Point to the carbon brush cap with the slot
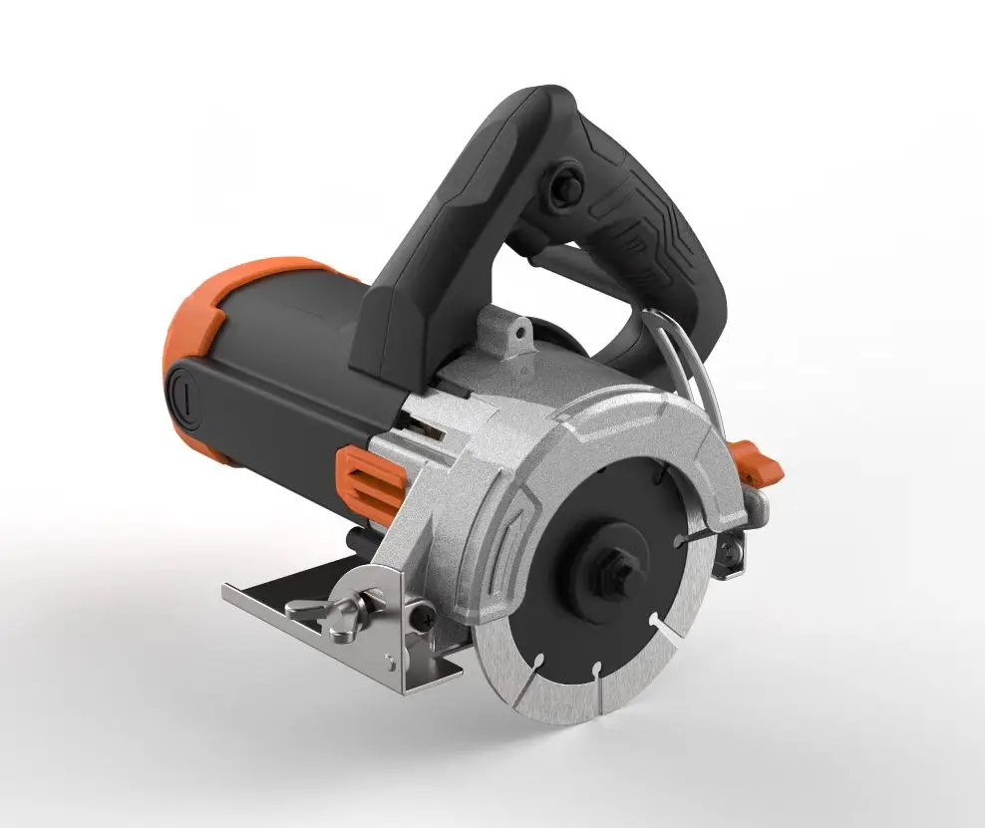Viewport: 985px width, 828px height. (x=184, y=400)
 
